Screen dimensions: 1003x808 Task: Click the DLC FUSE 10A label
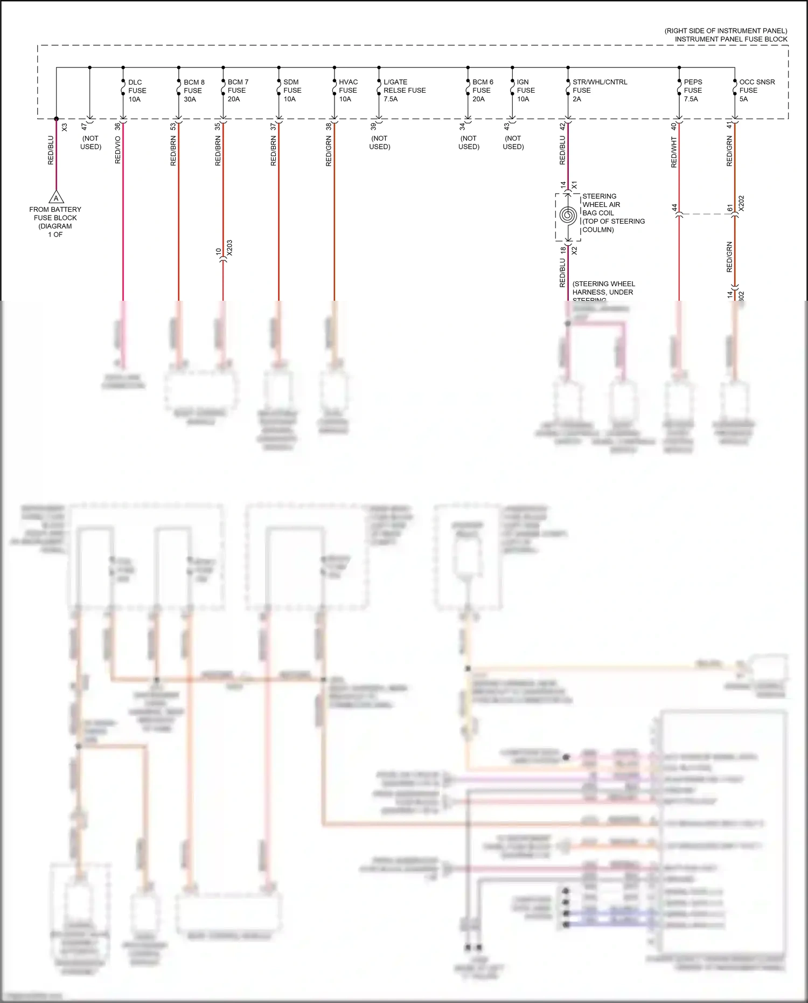pyautogui.click(x=137, y=91)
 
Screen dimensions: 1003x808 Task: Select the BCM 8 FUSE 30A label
pyautogui.click(x=194, y=91)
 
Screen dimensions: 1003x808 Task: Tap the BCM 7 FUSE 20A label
pyautogui.click(x=238, y=91)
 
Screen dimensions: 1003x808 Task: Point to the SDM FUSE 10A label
pyautogui.click(x=292, y=91)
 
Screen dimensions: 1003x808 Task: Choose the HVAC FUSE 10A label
pyautogui.click(x=348, y=91)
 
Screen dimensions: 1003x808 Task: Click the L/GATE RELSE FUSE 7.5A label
pyautogui.click(x=404, y=91)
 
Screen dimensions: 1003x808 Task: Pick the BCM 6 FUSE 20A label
pyautogui.click(x=482, y=91)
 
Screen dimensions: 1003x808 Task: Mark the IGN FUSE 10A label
pyautogui.click(x=526, y=91)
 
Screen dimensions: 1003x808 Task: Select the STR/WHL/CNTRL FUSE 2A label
pyautogui.click(x=599, y=91)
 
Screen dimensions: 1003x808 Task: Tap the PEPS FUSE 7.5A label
pyautogui.click(x=693, y=91)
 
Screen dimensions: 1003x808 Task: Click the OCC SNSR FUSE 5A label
pyautogui.click(x=756, y=91)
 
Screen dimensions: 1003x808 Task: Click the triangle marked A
pyautogui.click(x=56, y=197)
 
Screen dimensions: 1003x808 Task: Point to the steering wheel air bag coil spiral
pyautogui.click(x=568, y=215)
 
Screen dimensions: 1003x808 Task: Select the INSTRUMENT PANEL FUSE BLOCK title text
pyautogui.click(x=730, y=39)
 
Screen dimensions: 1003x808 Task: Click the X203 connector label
pyautogui.click(x=230, y=248)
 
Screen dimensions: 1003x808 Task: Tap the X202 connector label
pyautogui.click(x=741, y=203)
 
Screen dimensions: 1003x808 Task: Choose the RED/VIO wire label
pyautogui.click(x=118, y=150)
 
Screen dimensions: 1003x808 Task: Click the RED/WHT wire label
pyautogui.click(x=674, y=152)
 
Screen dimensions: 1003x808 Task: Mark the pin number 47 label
pyautogui.click(x=83, y=127)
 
